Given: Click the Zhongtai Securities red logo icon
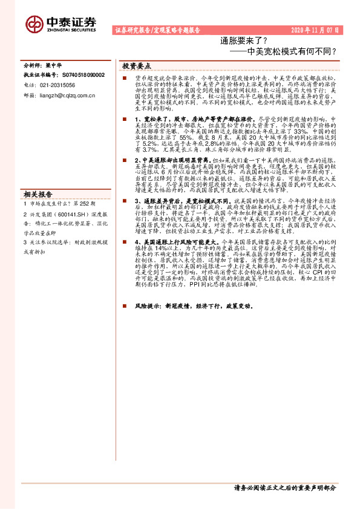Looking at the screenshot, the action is (34, 22).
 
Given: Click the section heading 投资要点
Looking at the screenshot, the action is (137, 65).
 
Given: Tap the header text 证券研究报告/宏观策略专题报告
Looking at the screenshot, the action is (157, 30).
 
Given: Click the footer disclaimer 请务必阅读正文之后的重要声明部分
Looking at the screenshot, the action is (284, 487).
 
